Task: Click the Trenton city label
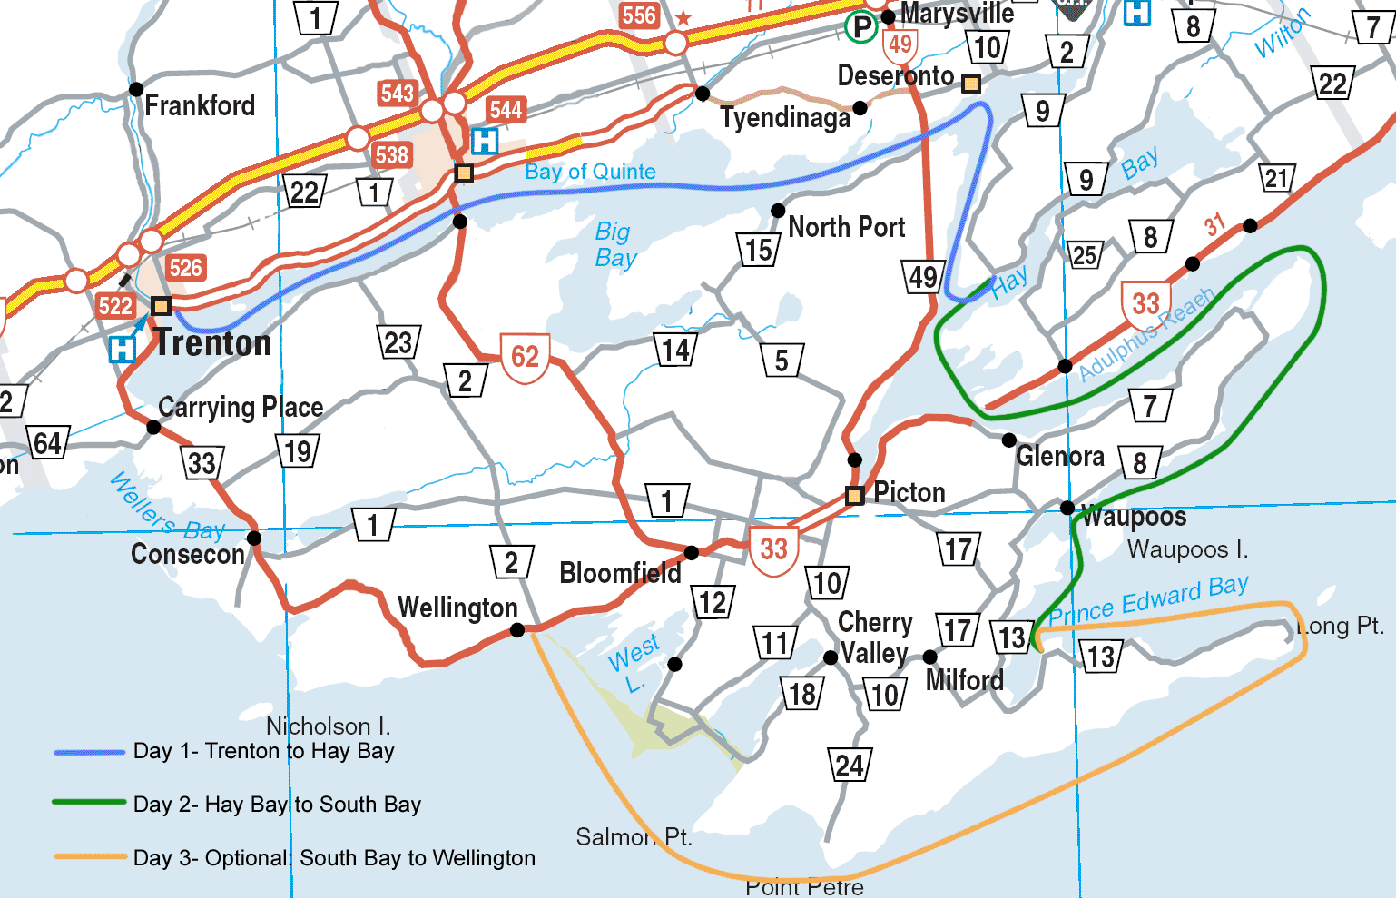(x=213, y=343)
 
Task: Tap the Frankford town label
(x=200, y=105)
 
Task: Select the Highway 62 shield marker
(x=525, y=357)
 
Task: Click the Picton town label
(x=909, y=492)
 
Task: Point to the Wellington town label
(x=457, y=608)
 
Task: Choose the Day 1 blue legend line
(x=89, y=752)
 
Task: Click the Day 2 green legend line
(x=89, y=803)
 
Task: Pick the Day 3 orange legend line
(x=89, y=856)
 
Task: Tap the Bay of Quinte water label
(x=590, y=172)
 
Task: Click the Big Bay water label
(x=615, y=244)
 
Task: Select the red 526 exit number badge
(x=185, y=268)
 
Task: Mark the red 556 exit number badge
(x=639, y=15)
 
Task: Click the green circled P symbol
(x=860, y=27)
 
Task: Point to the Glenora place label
(x=1060, y=456)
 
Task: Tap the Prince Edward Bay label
(x=1148, y=600)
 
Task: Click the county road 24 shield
(x=850, y=766)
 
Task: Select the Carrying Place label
(x=241, y=407)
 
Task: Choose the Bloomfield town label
(x=620, y=573)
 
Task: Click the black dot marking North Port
(x=778, y=211)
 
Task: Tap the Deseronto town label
(x=895, y=76)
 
